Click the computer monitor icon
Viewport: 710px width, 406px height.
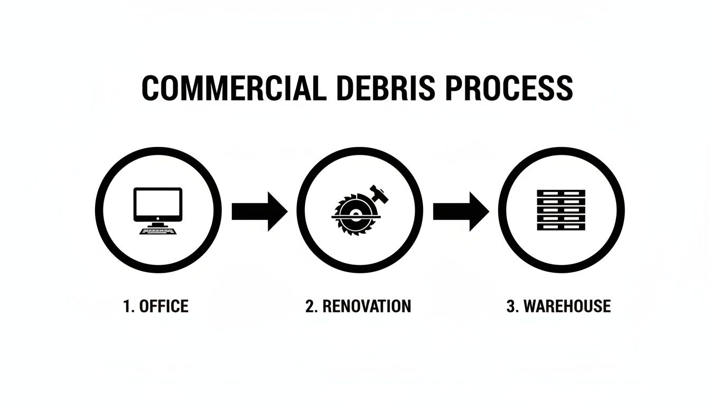click(x=158, y=205)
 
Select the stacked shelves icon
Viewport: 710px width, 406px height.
click(x=561, y=210)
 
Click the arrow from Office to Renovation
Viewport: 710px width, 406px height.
click(x=259, y=212)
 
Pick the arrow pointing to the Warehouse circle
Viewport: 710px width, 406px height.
click(x=460, y=212)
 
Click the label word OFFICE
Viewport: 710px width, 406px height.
click(x=164, y=306)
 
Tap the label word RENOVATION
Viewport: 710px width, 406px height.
click(x=366, y=306)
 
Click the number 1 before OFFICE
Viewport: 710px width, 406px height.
click(x=127, y=306)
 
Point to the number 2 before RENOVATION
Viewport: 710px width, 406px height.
click(x=310, y=306)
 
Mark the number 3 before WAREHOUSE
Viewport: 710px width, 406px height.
click(x=511, y=306)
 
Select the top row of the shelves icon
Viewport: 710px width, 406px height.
click(x=561, y=193)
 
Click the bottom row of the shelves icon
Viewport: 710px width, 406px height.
click(x=561, y=227)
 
